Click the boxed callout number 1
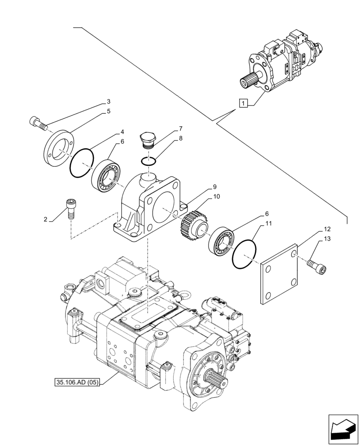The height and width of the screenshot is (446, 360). (x=242, y=104)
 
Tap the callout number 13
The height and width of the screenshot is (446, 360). (x=327, y=240)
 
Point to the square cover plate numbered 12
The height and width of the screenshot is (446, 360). (x=278, y=273)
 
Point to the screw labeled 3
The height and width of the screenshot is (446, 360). (x=37, y=123)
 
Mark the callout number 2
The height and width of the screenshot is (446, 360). (x=45, y=219)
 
